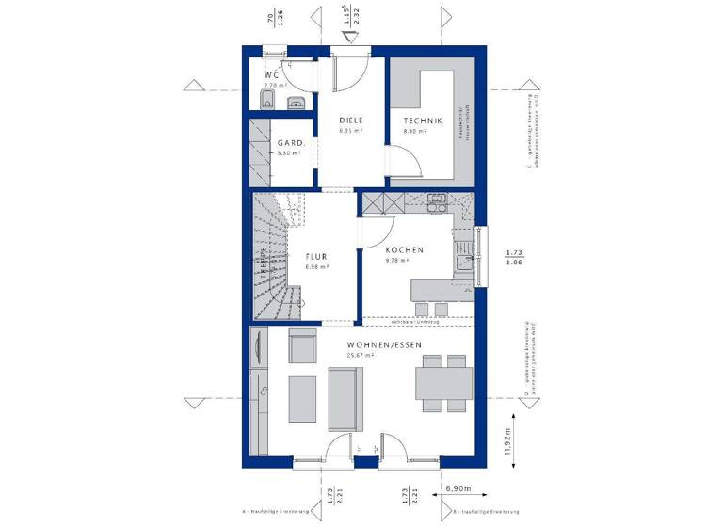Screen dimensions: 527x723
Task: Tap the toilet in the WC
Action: tap(269, 100)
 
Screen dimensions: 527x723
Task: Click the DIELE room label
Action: tap(351, 121)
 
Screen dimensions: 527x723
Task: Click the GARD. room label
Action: tap(289, 143)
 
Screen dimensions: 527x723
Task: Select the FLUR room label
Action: tap(315, 256)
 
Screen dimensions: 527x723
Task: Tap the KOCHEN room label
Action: tap(404, 250)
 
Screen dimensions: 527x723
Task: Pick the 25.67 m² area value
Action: tap(361, 356)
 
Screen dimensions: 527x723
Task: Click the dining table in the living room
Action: tap(444, 383)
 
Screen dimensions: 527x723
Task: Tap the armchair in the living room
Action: tap(302, 347)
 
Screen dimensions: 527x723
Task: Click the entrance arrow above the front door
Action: tap(350, 37)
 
